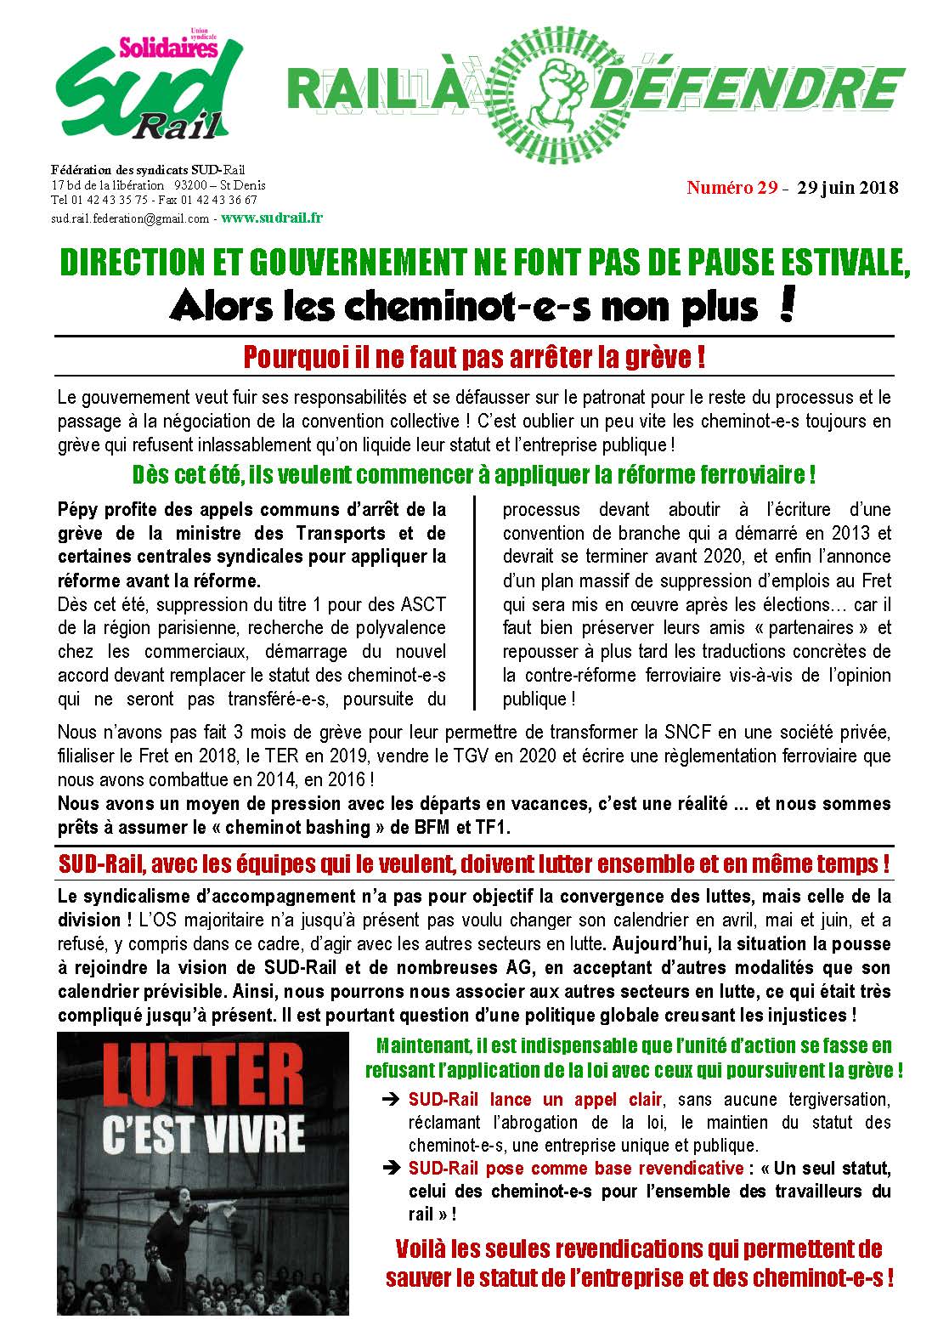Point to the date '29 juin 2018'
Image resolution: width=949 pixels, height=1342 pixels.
[x=847, y=188]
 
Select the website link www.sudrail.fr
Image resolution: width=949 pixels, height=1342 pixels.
[x=271, y=218]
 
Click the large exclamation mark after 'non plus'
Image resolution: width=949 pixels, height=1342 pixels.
[x=786, y=307]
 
